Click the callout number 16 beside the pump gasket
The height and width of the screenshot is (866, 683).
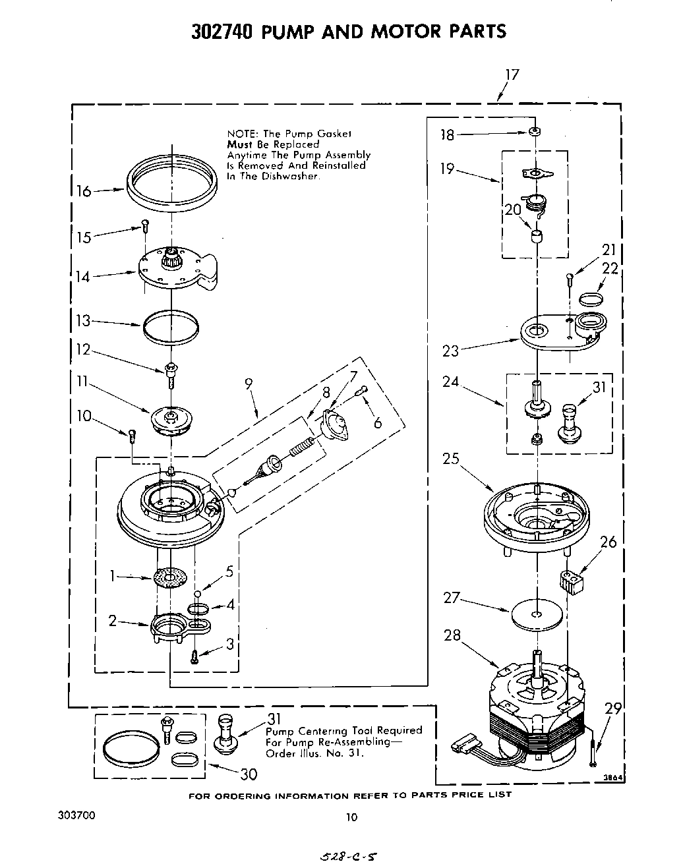pos(84,191)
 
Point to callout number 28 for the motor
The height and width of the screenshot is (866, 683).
pos(452,635)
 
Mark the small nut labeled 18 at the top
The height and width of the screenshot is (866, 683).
pos(536,132)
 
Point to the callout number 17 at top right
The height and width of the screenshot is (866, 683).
pos(512,74)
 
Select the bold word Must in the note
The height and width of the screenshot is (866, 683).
pos(241,144)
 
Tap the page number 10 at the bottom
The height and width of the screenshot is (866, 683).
pos(351,817)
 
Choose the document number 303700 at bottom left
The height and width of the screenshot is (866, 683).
pos(77,815)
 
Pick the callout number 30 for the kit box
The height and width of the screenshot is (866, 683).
pos(248,773)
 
